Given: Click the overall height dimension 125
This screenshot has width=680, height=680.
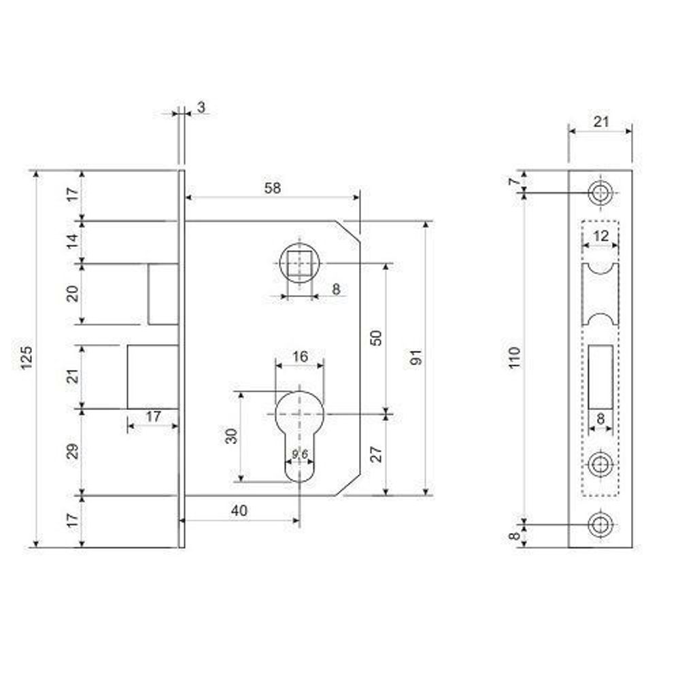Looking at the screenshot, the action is [x=27, y=358].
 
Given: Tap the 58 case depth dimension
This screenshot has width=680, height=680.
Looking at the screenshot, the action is [x=273, y=188].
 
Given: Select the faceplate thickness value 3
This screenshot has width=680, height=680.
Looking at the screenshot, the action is [x=201, y=107].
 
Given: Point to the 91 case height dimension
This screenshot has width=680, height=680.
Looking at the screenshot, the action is [x=416, y=358].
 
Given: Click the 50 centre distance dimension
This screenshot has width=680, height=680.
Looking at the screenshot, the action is [x=376, y=338].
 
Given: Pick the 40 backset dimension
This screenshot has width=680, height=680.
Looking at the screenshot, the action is [x=239, y=511].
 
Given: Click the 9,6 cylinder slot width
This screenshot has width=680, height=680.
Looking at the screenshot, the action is [x=300, y=454].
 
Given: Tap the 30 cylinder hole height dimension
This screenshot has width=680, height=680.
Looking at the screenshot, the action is [x=232, y=436].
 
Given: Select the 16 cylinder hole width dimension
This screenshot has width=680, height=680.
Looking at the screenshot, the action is [x=300, y=356].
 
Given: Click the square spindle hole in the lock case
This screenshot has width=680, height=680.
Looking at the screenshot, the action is [x=300, y=263].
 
